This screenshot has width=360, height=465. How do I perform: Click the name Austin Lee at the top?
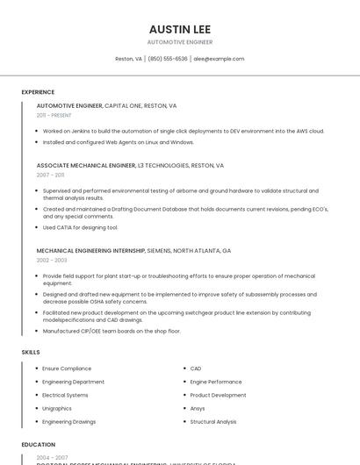179,29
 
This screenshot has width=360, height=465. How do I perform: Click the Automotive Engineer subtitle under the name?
179,42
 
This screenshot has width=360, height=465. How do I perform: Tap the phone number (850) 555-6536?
167,59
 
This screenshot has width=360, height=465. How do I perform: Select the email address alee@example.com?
219,59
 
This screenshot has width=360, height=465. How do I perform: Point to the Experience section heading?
38,92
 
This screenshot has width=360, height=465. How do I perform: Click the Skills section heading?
31,352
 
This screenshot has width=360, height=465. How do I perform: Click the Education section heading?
38,445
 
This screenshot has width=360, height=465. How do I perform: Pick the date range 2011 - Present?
54,115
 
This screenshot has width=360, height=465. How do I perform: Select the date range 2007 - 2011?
50,175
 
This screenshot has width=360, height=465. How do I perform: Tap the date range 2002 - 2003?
51,260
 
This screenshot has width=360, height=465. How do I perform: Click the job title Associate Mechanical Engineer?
86,165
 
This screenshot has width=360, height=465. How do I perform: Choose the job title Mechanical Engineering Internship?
90,250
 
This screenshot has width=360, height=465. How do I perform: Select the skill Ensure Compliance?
67,368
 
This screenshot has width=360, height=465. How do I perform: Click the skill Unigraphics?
57,408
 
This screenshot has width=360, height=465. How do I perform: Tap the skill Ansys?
198,408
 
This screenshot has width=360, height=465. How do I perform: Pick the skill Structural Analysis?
213,422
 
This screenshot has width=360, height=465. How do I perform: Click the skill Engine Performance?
216,382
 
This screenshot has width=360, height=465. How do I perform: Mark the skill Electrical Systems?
65,395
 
